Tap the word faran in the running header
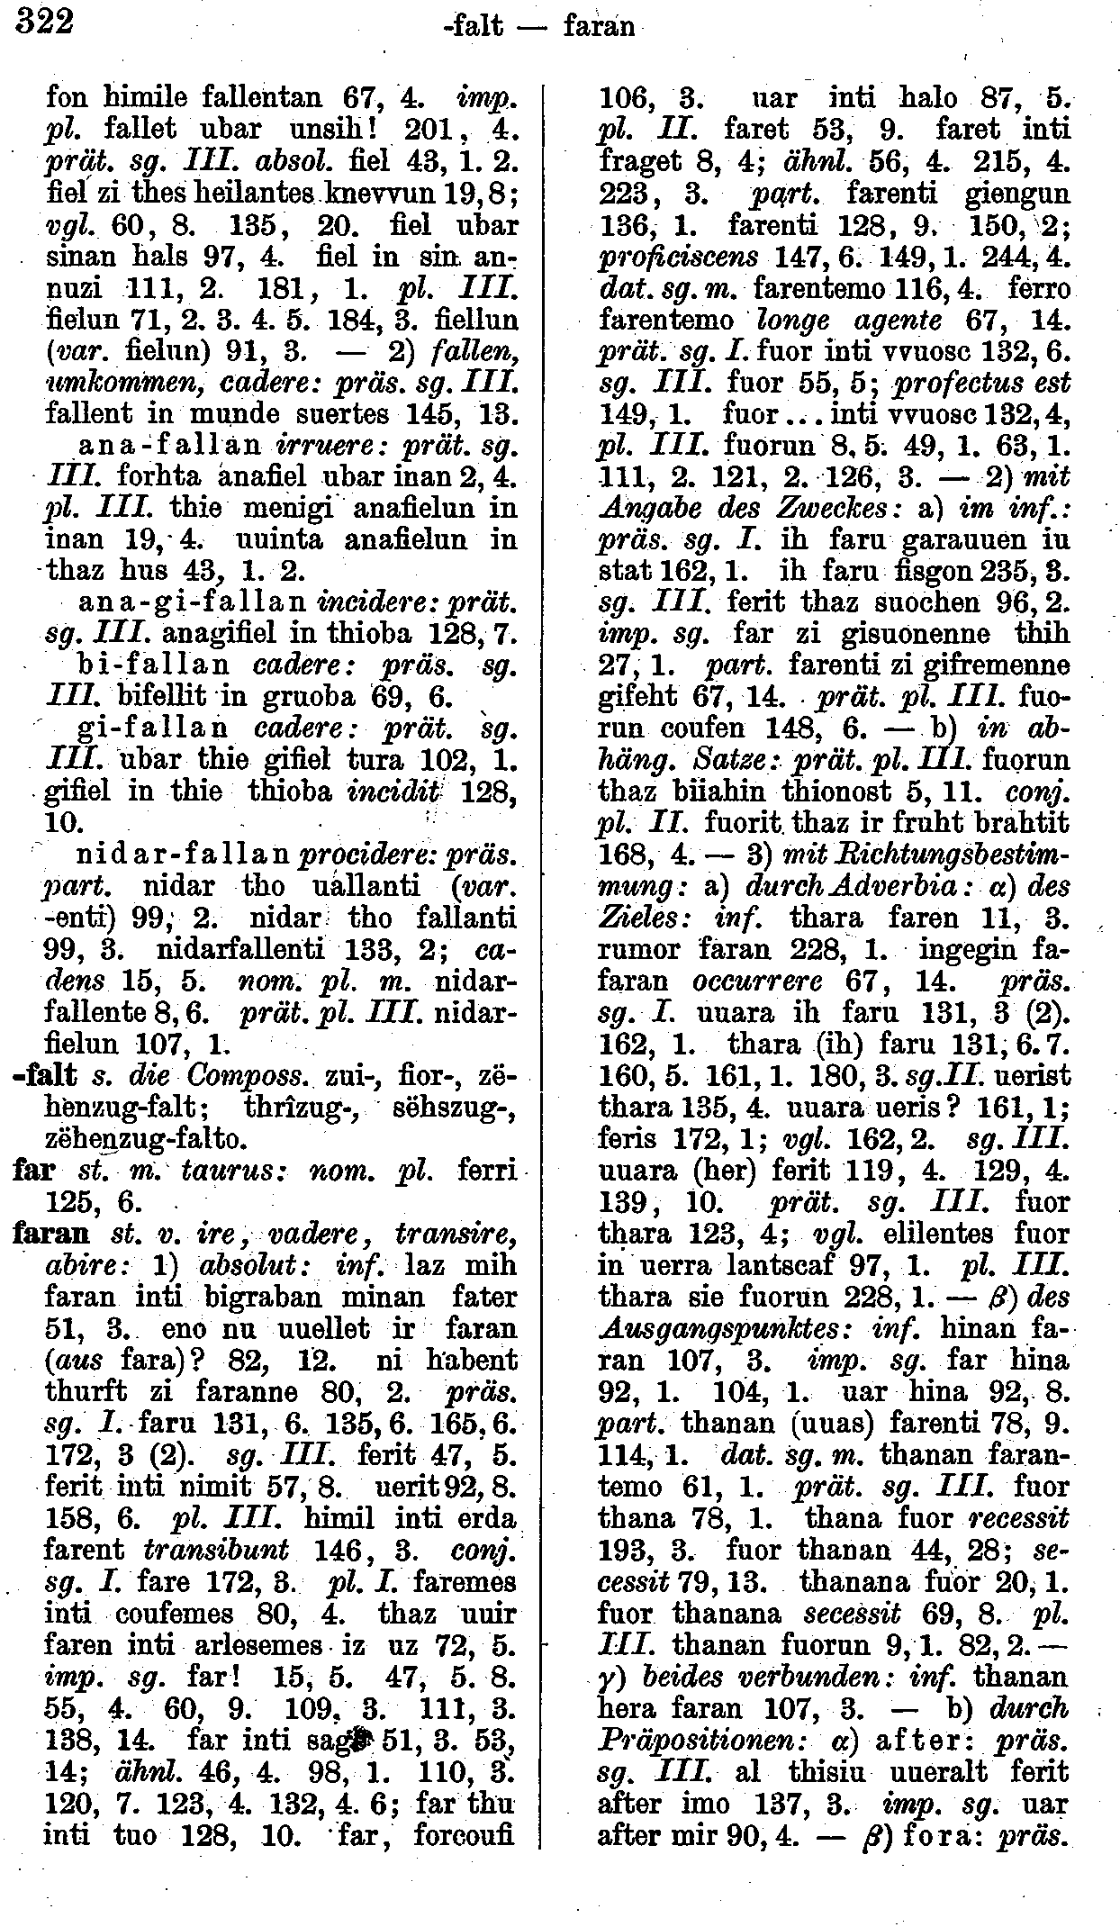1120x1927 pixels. coord(598,27)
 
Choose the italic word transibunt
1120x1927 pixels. coord(215,1549)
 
